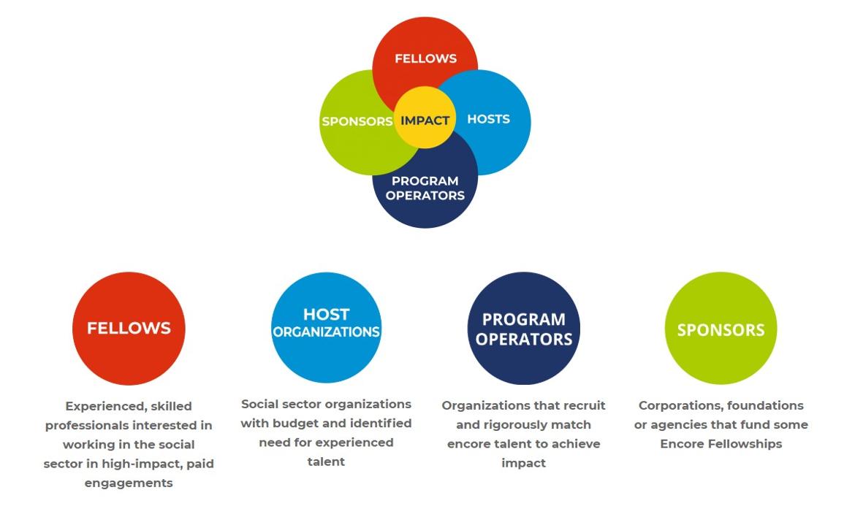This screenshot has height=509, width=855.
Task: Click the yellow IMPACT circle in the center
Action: click(425, 120)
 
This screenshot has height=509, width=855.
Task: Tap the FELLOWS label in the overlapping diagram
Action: click(425, 58)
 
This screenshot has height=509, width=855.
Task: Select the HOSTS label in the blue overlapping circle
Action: click(488, 119)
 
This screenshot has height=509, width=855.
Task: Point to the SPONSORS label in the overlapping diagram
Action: click(357, 121)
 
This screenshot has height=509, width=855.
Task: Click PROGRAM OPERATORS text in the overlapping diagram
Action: click(425, 188)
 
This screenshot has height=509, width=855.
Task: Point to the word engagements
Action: click(129, 483)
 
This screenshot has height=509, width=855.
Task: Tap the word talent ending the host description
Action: click(326, 461)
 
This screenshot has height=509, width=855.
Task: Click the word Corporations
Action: click(681, 405)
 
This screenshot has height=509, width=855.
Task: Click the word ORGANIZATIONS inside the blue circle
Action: click(326, 332)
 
